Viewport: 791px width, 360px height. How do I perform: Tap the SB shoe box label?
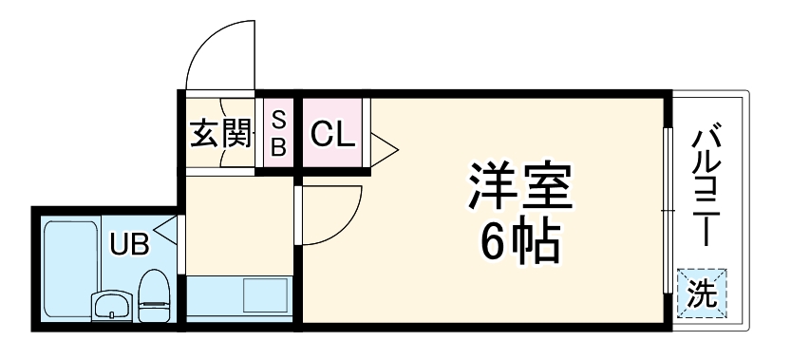point(278,133)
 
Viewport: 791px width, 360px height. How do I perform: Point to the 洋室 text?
point(520,188)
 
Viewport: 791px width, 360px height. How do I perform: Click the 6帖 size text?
point(520,244)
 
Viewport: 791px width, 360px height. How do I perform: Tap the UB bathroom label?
point(128,245)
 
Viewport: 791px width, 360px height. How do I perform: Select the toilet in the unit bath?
point(153,295)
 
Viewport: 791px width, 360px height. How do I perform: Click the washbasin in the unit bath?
point(113,307)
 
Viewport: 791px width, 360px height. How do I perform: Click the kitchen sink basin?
point(265,296)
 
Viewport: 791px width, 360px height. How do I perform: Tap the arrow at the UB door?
point(165,229)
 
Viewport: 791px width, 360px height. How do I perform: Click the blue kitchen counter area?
point(215,298)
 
